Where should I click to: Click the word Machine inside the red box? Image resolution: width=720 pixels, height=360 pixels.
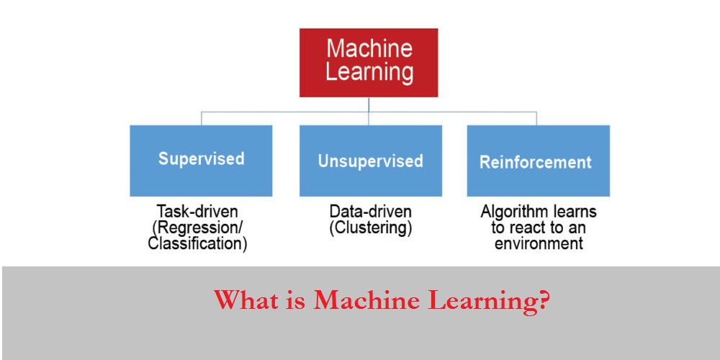(369, 49)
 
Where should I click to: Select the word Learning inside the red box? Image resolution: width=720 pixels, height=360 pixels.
(369, 72)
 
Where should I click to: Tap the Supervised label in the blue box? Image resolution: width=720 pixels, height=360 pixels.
(201, 159)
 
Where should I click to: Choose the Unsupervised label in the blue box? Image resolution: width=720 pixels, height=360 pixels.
(370, 161)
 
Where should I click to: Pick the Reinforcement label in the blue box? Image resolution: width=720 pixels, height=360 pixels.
(536, 162)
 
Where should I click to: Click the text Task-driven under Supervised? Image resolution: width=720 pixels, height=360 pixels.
(197, 212)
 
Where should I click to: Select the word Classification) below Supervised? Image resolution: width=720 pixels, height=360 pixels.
(197, 244)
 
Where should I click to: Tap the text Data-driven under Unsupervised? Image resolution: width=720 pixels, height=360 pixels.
(370, 212)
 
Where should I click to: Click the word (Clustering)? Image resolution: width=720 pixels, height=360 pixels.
(370, 228)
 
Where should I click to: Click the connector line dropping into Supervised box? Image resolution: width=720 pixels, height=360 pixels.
(201, 118)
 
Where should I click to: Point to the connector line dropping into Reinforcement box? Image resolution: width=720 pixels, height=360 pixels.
(536, 118)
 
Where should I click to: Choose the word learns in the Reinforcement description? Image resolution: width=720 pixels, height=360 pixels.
(572, 212)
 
